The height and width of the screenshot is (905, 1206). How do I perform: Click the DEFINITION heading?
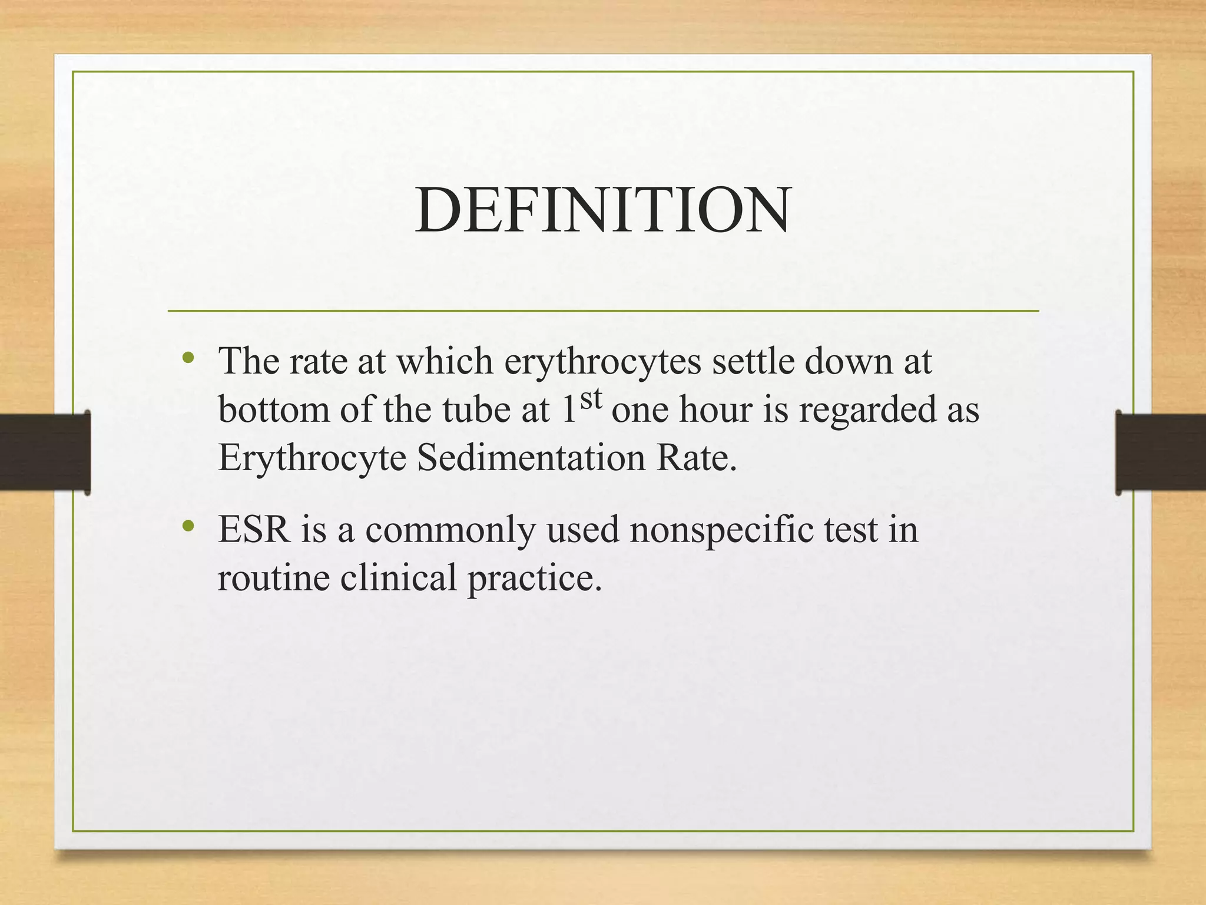602,210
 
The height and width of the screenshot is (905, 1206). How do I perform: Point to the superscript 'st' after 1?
591,399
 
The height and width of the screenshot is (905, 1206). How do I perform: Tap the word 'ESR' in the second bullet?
254,529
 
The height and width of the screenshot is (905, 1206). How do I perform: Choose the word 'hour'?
715,409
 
